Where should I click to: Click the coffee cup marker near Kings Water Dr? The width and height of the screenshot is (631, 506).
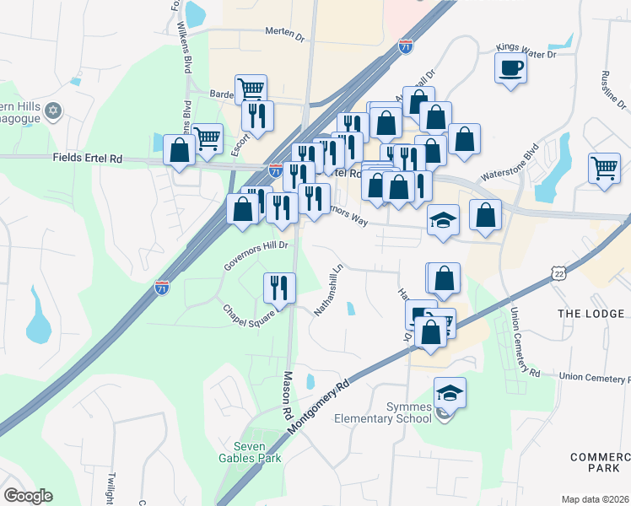510,67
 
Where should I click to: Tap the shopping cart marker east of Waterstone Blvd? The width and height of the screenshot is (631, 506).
605,168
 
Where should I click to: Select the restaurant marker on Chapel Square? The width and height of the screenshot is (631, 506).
279,288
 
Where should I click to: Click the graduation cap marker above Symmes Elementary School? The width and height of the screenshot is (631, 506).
450,392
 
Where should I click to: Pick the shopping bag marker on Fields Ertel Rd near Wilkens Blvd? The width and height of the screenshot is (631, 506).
180,151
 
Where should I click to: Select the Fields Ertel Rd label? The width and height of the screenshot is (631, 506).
87,158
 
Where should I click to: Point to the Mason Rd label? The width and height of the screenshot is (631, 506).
287,394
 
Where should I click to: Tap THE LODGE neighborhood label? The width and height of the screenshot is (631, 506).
591,313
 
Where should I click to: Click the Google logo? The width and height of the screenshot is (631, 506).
28,496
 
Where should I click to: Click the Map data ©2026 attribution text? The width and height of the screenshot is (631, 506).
594,499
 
